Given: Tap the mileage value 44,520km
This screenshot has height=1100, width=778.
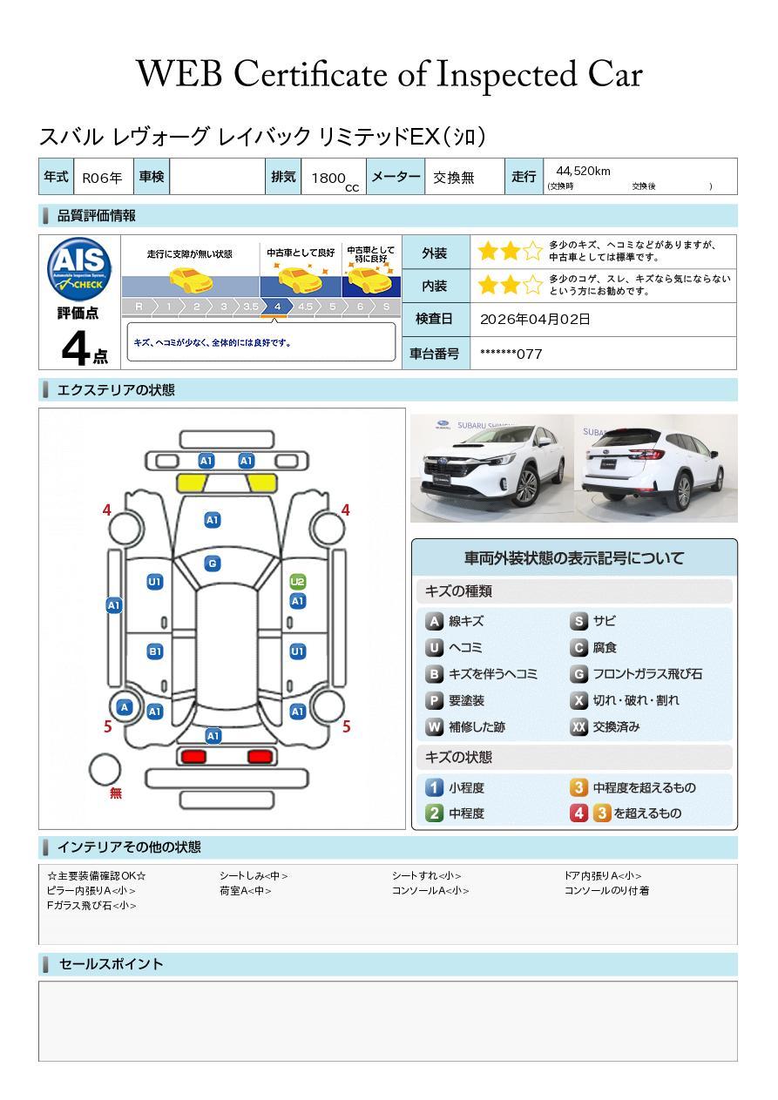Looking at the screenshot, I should pos(583,171).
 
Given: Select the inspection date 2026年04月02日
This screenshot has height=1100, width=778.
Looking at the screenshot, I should pos(535,319).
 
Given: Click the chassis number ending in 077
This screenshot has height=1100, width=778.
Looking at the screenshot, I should pos(511,354).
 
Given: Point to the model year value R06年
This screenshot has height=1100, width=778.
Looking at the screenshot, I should pos(102,178).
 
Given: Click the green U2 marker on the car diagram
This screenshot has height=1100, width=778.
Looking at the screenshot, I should pos(297,582).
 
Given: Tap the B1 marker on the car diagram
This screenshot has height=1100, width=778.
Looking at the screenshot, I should pos(154,651).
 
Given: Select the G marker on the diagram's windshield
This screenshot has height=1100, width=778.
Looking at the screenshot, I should pos(212,563).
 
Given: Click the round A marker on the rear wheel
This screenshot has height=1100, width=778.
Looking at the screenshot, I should pos(125,707).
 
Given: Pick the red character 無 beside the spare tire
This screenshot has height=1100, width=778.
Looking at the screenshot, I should pos(116,793).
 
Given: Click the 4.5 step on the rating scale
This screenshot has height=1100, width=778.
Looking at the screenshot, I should pos(305,307).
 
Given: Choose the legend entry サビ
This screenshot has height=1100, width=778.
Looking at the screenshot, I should pos(604,621).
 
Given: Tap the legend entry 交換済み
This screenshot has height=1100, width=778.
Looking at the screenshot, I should pos(616,726).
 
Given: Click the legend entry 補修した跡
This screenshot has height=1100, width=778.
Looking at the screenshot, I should pos(477,726).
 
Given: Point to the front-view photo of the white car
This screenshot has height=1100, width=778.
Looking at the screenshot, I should pos(490,468).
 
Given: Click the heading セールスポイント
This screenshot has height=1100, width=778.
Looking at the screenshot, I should pos(111,964).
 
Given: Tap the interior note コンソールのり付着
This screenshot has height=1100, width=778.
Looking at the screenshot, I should pos(606,890).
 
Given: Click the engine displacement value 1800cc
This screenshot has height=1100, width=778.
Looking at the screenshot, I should pos(332,179).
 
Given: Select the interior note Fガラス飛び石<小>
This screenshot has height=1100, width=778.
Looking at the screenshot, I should pos(91,906).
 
